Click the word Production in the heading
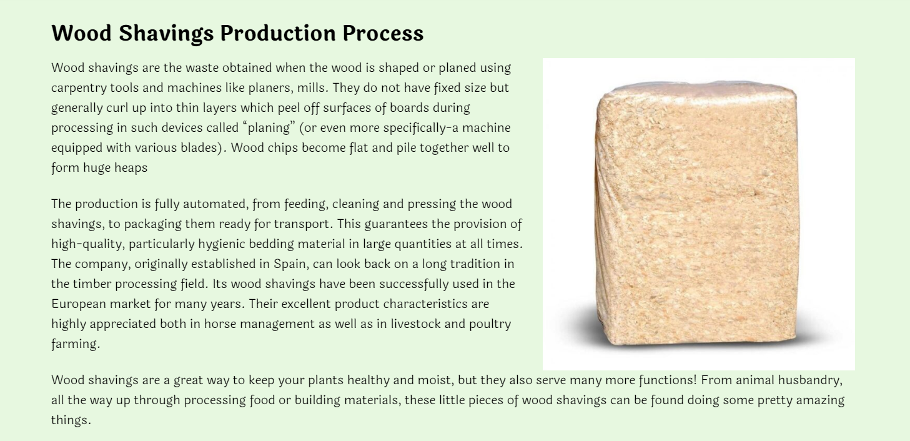277,33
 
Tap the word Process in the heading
383,33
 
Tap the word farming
75,344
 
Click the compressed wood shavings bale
696,213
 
